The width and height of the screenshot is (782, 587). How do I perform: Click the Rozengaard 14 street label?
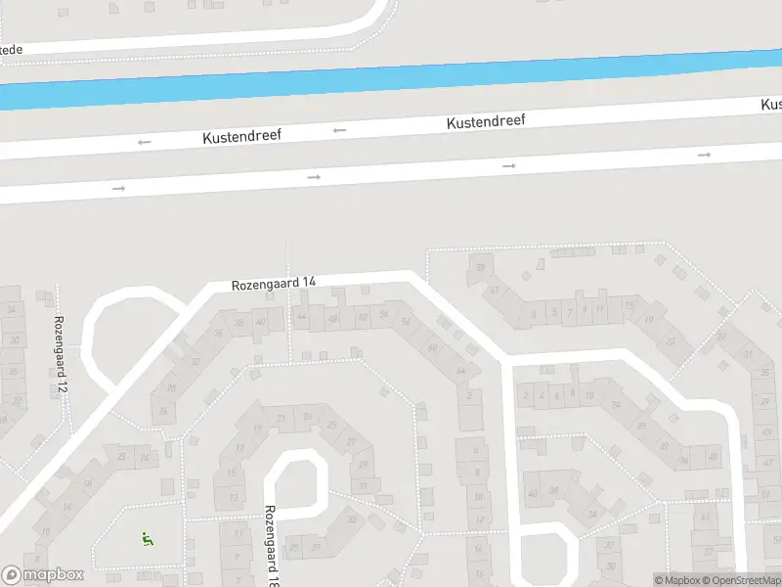coord(274,284)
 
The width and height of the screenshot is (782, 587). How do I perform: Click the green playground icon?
coord(147,537)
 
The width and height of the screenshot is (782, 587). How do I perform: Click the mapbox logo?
coord(42,575)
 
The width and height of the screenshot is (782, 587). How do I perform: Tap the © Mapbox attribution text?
coord(676,580)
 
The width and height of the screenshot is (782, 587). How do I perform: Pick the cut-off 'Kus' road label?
coord(770,104)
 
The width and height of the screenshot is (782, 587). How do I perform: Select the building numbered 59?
coord(480,267)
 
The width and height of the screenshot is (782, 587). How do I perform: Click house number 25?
coord(332,425)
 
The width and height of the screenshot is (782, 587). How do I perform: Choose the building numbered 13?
coord(233,498)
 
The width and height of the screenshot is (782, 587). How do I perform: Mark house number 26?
coord(162,411)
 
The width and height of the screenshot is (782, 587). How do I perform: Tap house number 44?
coord(301,317)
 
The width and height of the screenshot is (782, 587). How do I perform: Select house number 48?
coord(333,318)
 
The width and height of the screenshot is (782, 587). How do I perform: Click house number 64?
coord(460,370)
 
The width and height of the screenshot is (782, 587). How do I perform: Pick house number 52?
coord(363,315)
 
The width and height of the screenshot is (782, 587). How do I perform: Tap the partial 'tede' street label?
coord(11,49)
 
